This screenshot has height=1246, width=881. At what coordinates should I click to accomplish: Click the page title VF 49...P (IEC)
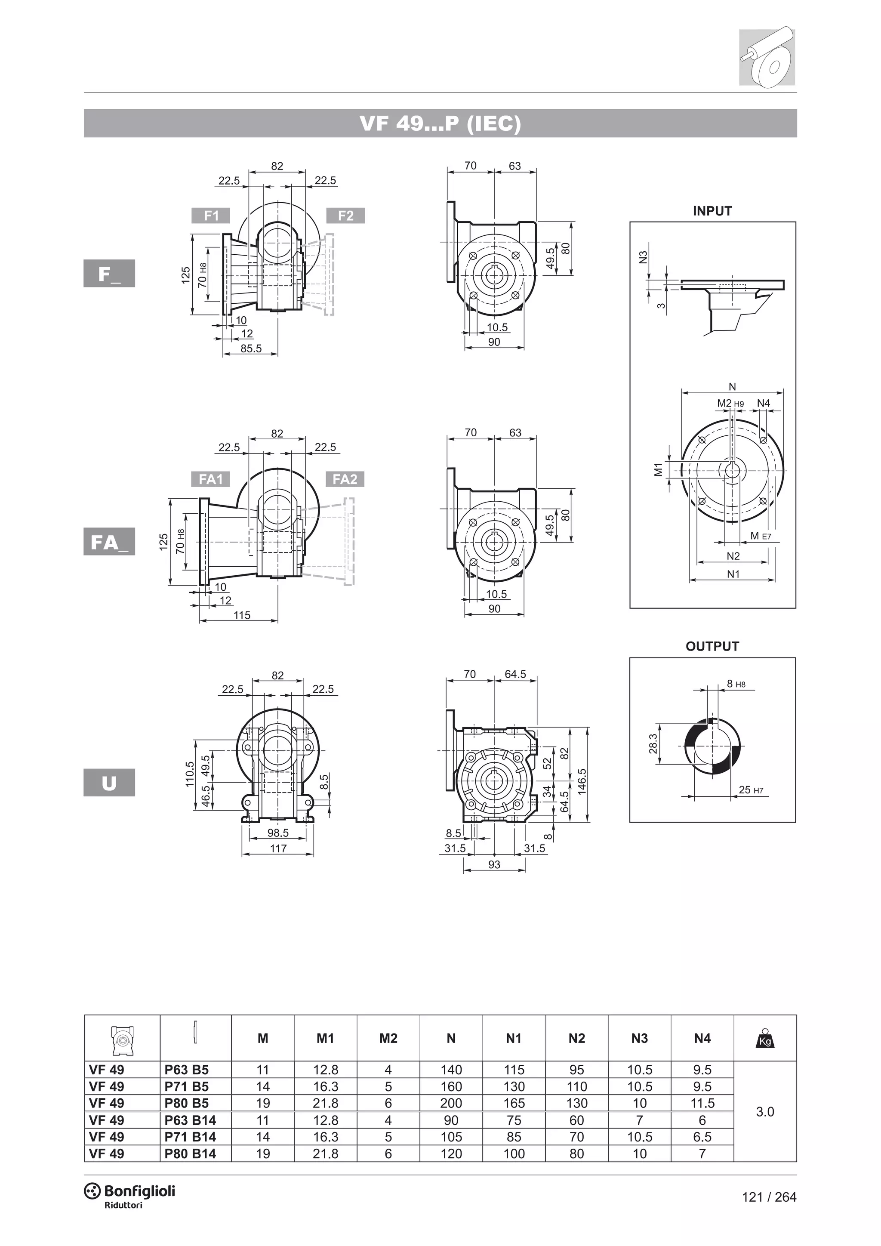(x=440, y=124)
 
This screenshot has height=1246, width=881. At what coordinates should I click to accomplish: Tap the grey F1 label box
(x=211, y=216)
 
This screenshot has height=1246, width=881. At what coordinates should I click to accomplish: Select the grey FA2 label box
(x=345, y=479)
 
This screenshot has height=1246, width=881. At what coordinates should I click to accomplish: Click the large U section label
(x=109, y=783)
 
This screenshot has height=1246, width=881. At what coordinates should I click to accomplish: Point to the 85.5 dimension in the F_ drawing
(x=251, y=349)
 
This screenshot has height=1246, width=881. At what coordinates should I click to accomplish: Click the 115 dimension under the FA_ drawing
(x=242, y=615)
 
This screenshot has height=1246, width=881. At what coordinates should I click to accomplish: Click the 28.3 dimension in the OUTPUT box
(x=653, y=744)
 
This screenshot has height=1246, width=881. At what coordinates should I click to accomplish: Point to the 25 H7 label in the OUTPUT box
(x=751, y=790)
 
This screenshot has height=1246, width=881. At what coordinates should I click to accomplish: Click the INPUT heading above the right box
(x=712, y=211)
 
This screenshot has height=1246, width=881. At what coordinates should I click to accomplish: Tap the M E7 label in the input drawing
(x=761, y=536)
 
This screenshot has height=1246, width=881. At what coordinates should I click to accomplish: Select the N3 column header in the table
(x=639, y=1038)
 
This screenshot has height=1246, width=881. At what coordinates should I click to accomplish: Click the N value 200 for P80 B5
(x=451, y=1103)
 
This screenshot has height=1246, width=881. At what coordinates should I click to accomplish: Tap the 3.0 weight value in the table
(x=764, y=1112)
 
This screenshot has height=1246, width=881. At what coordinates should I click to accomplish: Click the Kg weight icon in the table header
(x=764, y=1038)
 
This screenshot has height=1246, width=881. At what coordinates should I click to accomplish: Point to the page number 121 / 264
(x=769, y=1197)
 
